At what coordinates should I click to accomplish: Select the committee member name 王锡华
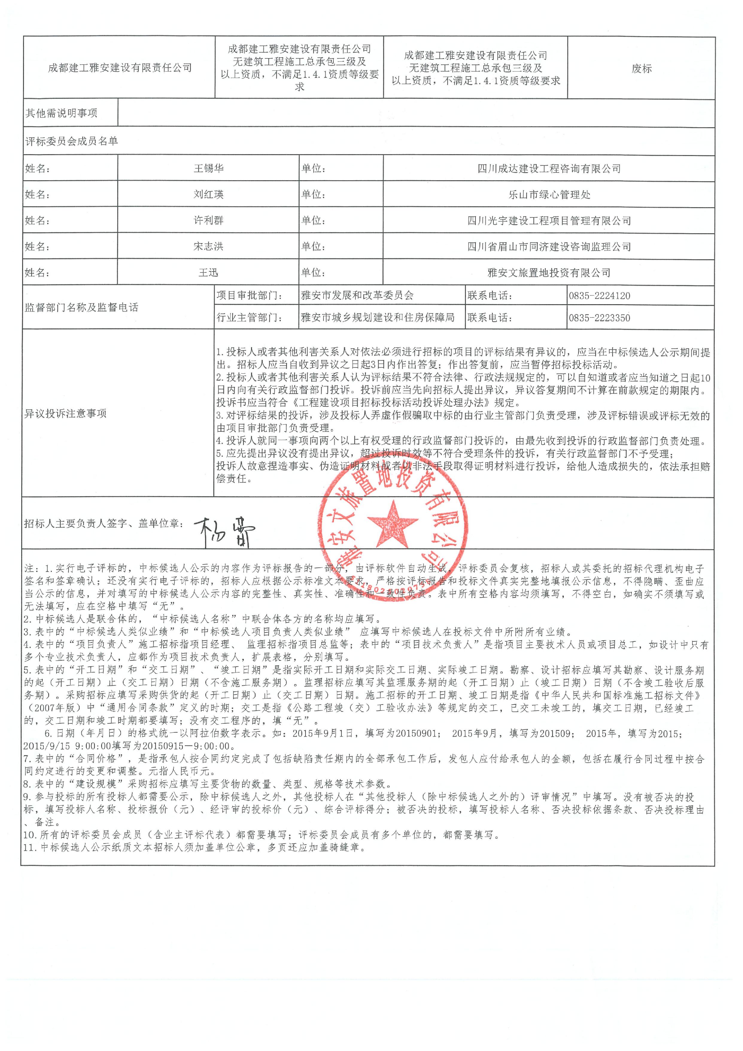[x=209, y=169]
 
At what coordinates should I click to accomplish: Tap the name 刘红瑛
[x=209, y=195]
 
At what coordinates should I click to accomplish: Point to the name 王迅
[x=209, y=273]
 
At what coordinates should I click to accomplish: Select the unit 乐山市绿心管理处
[x=549, y=195]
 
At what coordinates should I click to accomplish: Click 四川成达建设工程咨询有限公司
[x=549, y=169]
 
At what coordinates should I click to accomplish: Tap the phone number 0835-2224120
[x=599, y=296]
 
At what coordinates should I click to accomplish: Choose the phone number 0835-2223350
[x=599, y=318]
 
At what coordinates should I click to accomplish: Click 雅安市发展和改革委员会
[x=357, y=296]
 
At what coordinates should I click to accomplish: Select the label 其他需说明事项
[x=61, y=113]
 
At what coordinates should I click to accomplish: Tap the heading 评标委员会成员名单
[x=72, y=141]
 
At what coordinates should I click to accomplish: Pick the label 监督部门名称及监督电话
[x=81, y=307]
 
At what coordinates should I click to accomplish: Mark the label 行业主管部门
[x=249, y=318]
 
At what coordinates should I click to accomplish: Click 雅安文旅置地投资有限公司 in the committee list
[x=549, y=273]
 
